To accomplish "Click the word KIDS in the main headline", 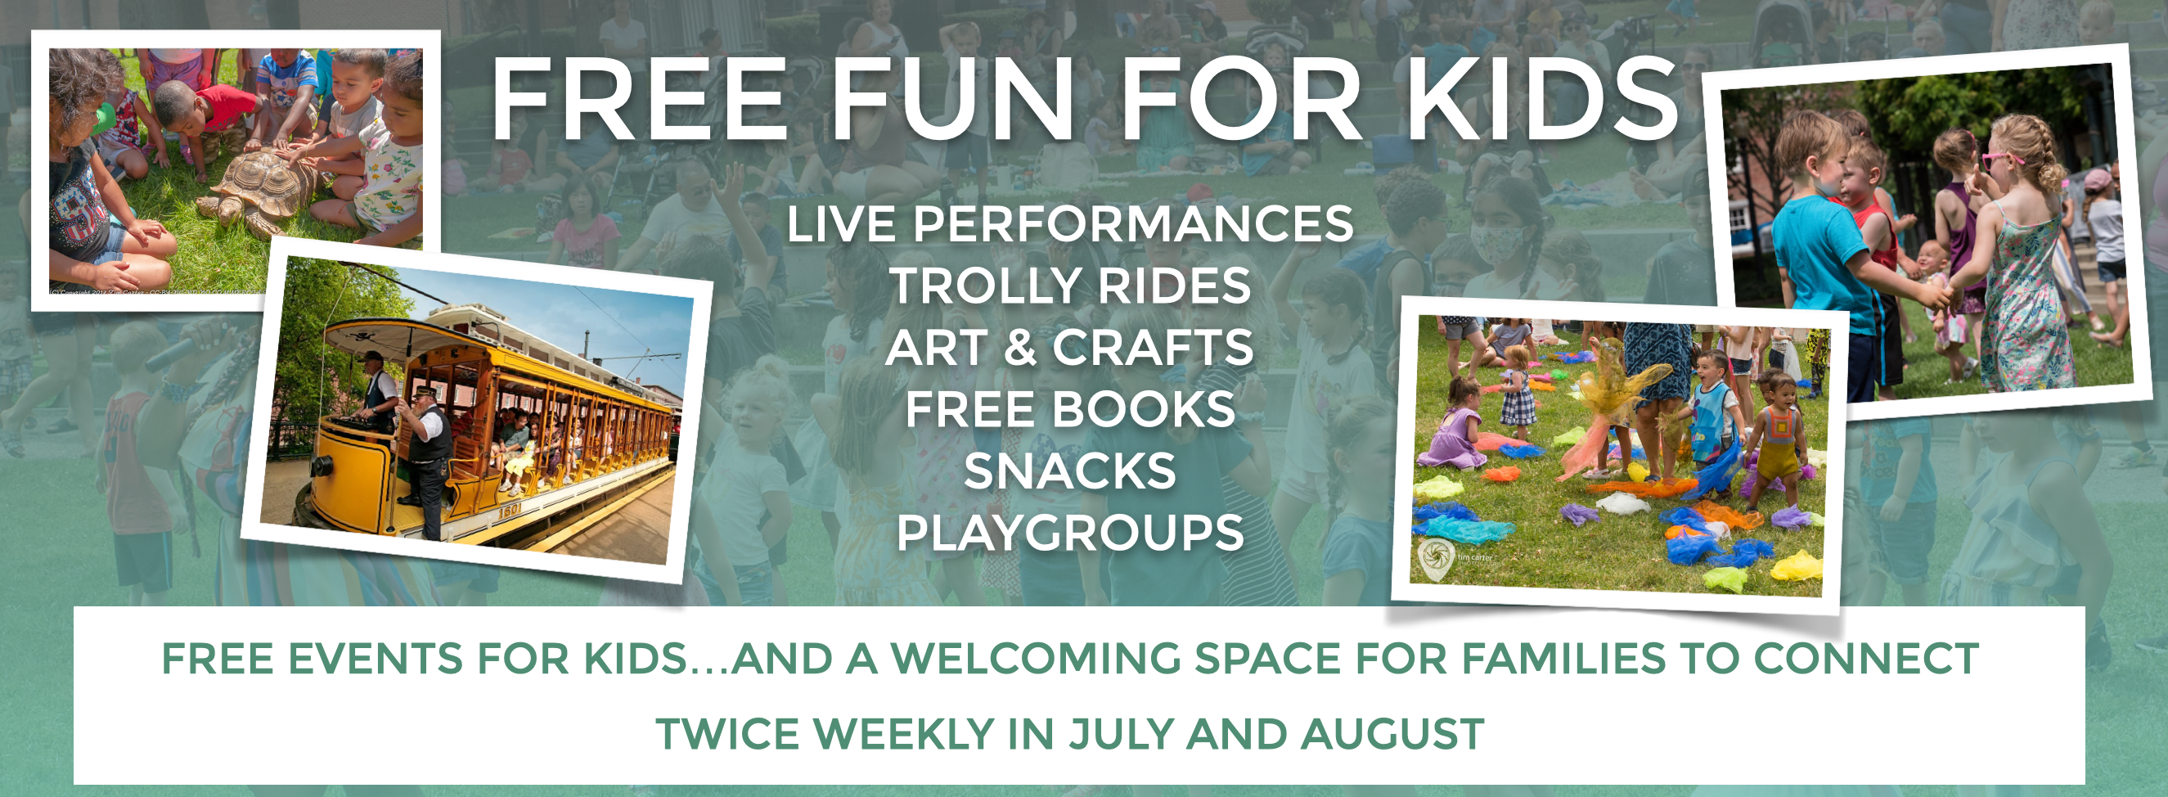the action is pos(1543,99).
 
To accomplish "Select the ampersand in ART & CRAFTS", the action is pos(1020,348).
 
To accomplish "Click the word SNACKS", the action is pos(1070,471).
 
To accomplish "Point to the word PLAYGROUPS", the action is pos(1070,533).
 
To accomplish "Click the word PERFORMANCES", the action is pos(1134,224).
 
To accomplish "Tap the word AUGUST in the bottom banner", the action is pos(1393,734).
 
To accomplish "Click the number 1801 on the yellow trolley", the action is pos(510,508).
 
